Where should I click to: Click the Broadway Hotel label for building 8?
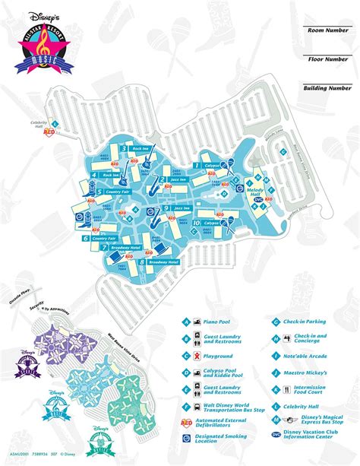(163, 262)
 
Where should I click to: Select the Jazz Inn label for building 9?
(182, 208)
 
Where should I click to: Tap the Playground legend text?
(215, 356)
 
